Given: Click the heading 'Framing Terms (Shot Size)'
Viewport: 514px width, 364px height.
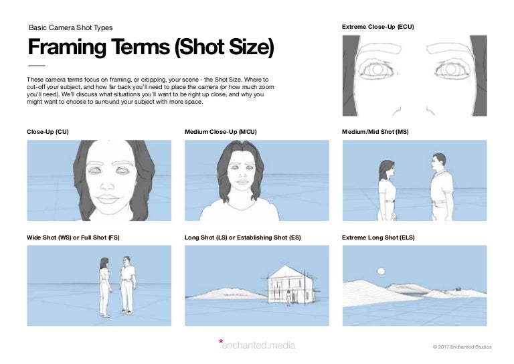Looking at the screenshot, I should click(151, 48).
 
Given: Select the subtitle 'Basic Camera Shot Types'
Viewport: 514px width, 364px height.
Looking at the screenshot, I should click(70, 28).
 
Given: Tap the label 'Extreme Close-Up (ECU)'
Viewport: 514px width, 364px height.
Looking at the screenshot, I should click(377, 27).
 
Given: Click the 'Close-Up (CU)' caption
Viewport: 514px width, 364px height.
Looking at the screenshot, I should click(48, 132).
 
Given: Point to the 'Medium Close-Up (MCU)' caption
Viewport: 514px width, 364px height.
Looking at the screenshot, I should click(220, 132).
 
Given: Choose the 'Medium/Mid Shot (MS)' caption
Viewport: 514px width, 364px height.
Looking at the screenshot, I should click(375, 132).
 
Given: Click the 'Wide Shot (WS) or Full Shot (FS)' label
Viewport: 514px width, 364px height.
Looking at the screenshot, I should click(73, 238).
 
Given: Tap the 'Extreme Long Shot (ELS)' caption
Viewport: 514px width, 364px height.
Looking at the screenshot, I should click(379, 238).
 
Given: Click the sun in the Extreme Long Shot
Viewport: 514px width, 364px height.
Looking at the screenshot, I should click(381, 272).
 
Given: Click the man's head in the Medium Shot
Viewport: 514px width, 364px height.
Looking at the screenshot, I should click(438, 162).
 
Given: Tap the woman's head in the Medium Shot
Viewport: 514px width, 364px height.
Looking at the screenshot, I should click(387, 167).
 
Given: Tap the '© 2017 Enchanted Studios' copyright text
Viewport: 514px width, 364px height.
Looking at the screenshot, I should click(462, 347).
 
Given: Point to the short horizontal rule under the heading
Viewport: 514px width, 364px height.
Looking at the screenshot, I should click(36, 66).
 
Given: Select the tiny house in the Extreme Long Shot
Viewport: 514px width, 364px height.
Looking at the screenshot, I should click(458, 290).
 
